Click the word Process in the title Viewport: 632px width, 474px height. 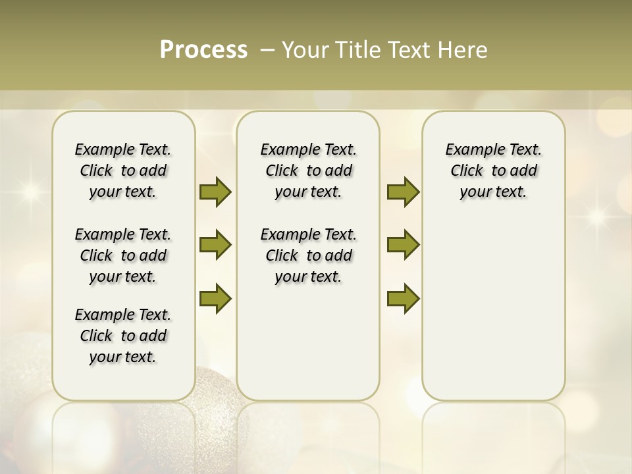[203, 50]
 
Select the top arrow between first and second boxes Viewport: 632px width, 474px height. [215, 192]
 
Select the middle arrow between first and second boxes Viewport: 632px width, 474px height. [215, 245]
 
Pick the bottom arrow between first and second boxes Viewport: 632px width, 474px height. [215, 298]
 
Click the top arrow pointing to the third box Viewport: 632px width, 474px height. [403, 192]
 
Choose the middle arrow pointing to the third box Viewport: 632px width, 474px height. [403, 245]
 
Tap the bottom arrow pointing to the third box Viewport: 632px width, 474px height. [403, 298]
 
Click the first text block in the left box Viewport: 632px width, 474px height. [123, 171]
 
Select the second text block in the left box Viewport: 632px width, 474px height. [123, 255]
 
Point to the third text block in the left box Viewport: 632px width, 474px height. [123, 336]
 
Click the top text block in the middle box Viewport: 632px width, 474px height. [308, 171]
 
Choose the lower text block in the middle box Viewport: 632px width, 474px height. [308, 255]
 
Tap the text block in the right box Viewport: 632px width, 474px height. [493, 171]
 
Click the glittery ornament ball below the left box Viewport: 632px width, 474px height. [211, 421]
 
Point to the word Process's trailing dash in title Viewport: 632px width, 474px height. [267, 51]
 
